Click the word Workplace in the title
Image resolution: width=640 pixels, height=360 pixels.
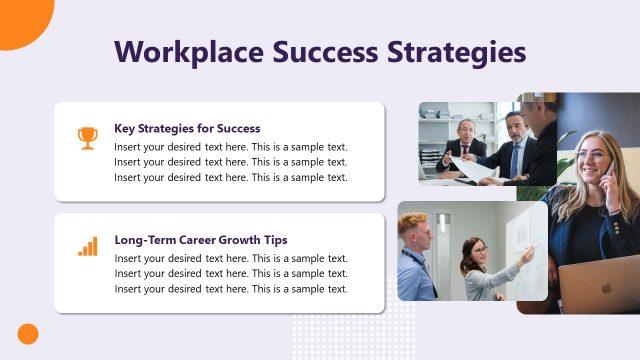tap(185, 52)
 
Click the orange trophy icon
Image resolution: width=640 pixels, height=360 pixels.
tap(88, 137)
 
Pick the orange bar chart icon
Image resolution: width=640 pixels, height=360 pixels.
tap(88, 246)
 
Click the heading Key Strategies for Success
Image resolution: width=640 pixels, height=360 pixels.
tap(187, 128)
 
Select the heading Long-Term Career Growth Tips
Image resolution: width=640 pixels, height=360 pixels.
tap(201, 240)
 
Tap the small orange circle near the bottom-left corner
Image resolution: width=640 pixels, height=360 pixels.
tap(28, 334)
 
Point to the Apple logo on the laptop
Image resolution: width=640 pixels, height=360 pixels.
tap(606, 288)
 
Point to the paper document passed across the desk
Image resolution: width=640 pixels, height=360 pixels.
tap(476, 169)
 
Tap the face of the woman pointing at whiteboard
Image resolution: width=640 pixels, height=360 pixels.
tap(479, 249)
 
